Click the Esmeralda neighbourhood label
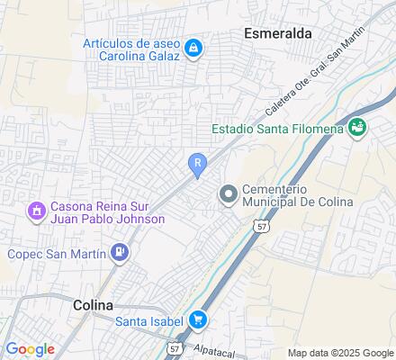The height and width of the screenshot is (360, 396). pos(278,32)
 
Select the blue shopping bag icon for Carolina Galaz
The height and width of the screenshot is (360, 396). pos(193,48)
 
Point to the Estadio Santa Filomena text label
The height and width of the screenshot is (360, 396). pos(278,129)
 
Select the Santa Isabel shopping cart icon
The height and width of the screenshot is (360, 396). pos(197,320)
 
